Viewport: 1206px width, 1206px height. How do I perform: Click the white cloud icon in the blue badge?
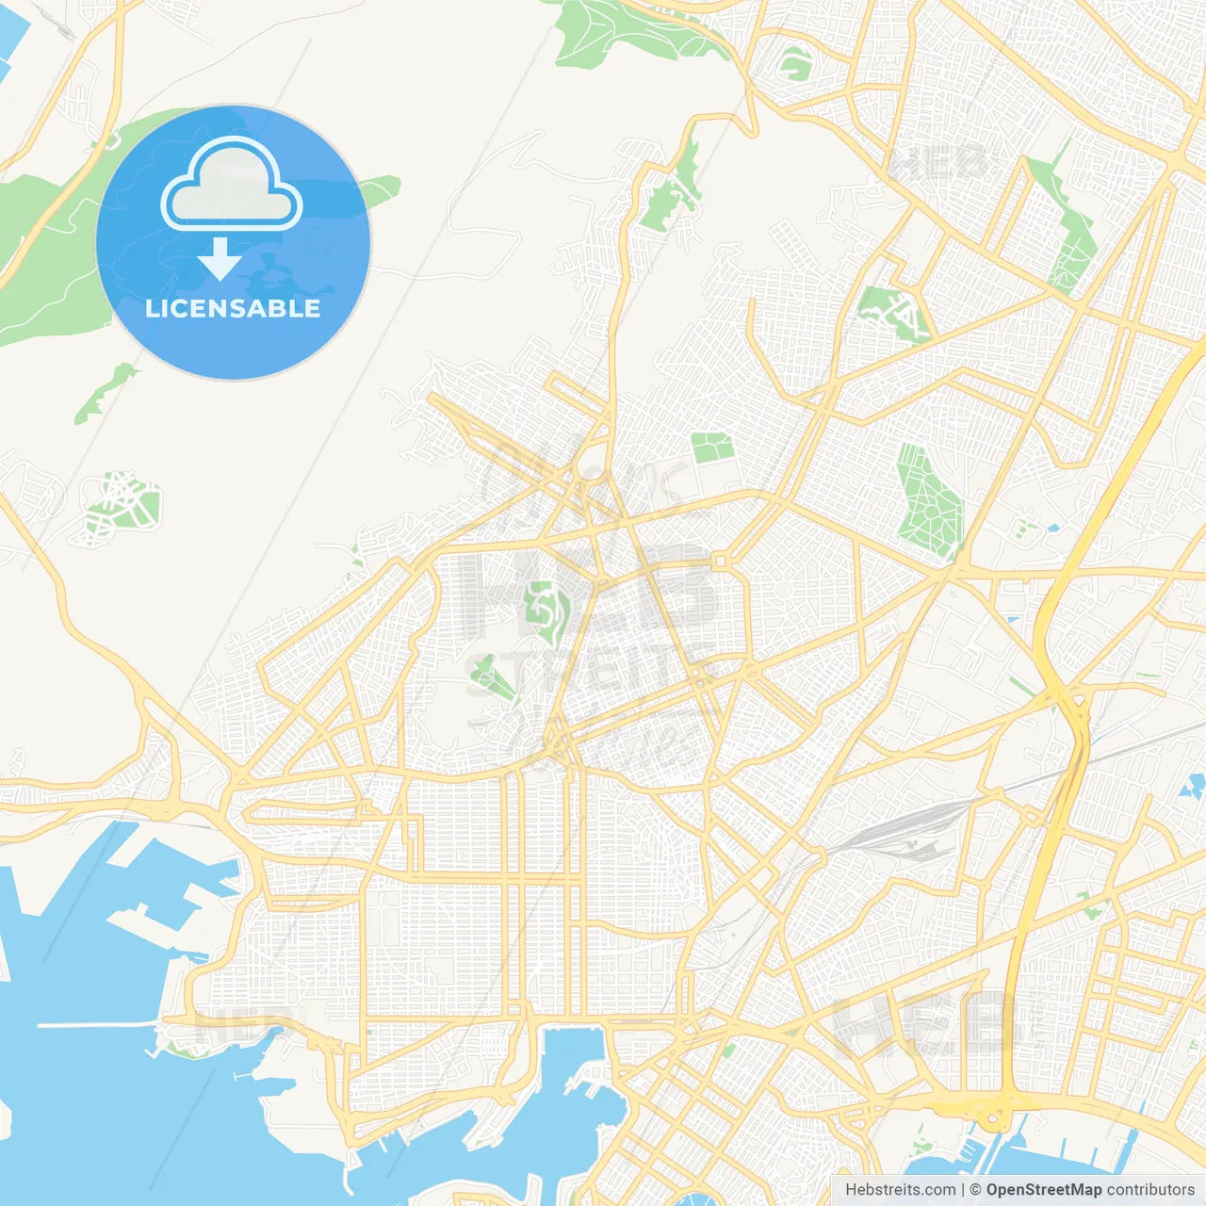[x=232, y=185]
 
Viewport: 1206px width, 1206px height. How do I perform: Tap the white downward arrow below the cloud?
[x=220, y=259]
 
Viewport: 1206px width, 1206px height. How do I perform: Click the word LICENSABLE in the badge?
[x=233, y=308]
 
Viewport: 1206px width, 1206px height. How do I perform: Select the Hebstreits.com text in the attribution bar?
[x=900, y=1190]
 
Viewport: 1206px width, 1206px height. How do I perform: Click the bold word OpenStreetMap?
[x=1043, y=1190]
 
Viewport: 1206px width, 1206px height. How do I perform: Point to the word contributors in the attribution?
[x=1150, y=1190]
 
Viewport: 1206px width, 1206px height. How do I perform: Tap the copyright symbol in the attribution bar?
[x=975, y=1190]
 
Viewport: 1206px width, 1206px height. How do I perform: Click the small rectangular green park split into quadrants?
[x=711, y=448]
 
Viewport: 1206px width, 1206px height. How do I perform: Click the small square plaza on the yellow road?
[x=721, y=562]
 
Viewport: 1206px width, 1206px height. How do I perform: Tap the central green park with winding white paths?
[x=544, y=612]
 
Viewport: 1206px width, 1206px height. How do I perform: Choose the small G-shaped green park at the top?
[x=795, y=64]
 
